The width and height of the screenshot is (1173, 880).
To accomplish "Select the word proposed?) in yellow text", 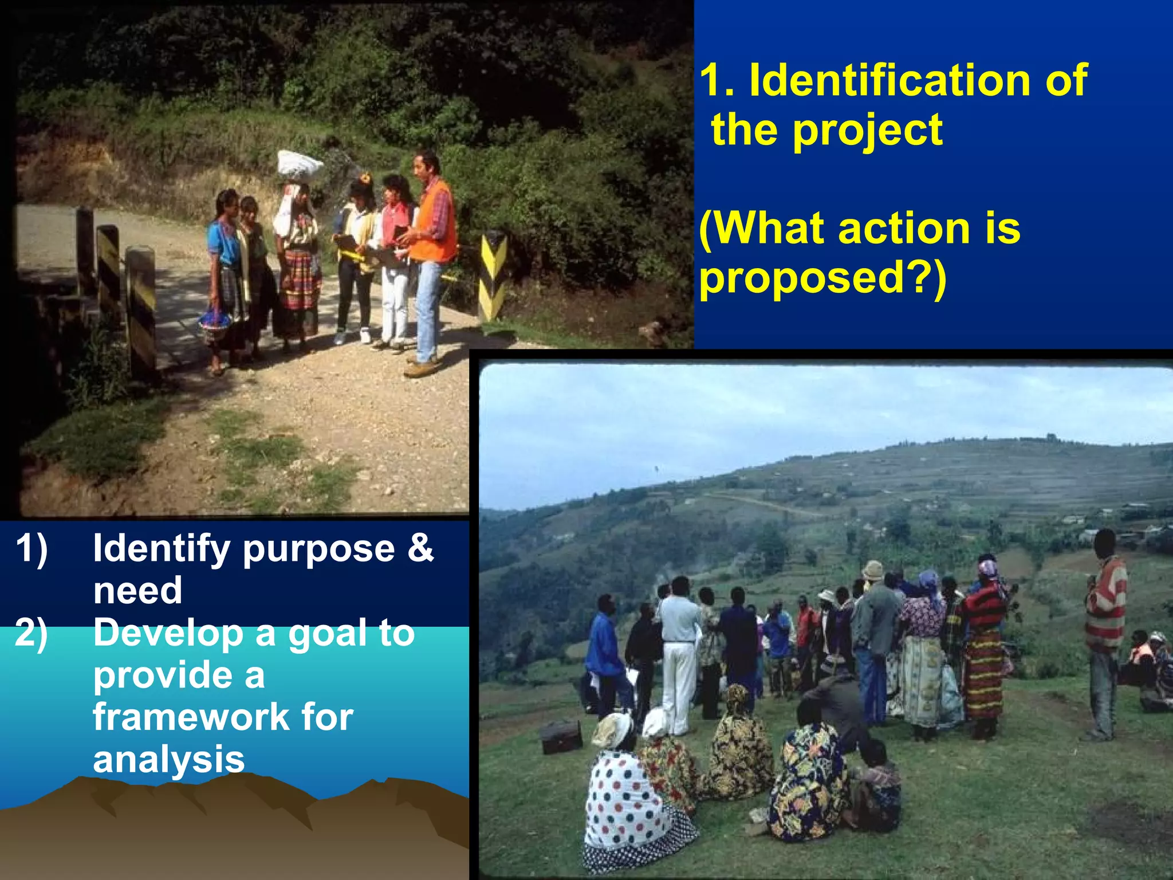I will (822, 278).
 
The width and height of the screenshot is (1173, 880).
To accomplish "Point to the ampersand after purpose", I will (420, 548).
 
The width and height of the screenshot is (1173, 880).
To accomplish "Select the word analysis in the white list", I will (168, 759).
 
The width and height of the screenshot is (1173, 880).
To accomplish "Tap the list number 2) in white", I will (32, 633).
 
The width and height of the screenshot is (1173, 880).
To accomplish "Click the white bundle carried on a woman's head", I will (299, 164).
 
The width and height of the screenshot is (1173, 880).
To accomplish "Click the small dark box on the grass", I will (561, 737).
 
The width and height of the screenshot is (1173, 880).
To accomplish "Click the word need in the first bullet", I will (137, 591).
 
